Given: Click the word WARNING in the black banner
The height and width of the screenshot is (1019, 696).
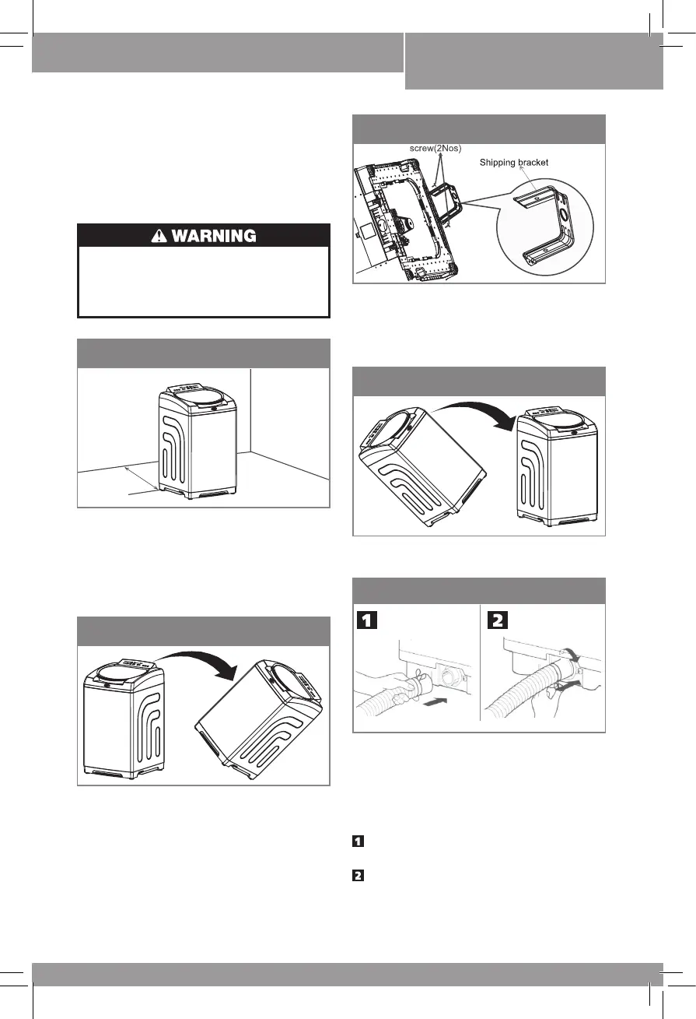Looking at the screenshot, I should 215,235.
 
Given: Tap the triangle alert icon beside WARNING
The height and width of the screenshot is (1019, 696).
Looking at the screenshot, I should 159,235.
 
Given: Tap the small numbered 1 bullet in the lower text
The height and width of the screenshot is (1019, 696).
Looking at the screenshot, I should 358,842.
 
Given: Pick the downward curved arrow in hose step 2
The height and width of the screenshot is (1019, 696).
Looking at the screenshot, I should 573,654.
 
